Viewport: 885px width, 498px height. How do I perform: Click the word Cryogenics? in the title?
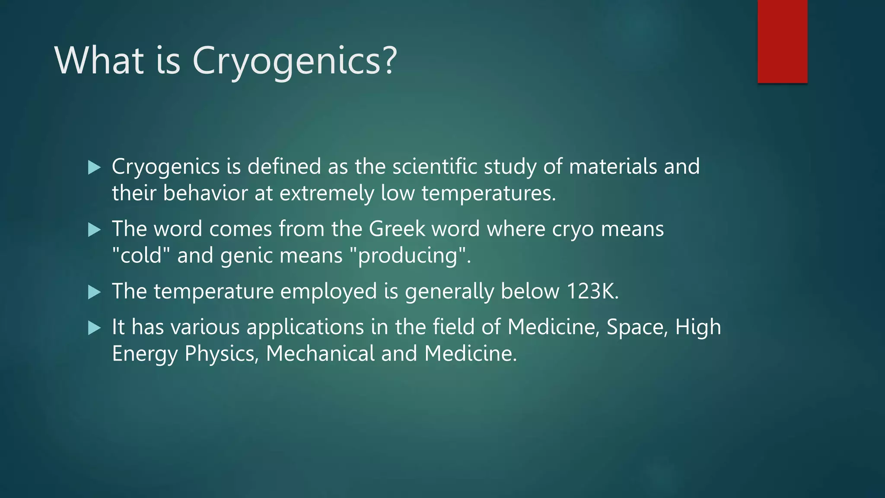coord(294,61)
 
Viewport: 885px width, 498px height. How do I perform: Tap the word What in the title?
coord(99,61)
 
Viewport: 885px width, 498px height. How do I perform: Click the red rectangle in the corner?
coord(782,41)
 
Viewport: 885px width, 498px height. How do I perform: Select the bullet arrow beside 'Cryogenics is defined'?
coord(94,167)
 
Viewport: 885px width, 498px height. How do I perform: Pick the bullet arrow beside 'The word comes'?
coord(94,230)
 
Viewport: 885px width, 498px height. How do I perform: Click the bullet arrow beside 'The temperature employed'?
coord(94,292)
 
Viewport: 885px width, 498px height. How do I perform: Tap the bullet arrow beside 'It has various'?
coord(94,328)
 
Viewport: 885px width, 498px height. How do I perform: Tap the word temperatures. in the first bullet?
coord(489,193)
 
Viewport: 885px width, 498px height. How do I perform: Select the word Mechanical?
coord(320,354)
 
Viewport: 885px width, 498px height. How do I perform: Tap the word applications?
coord(305,327)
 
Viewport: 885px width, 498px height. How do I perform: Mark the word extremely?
coord(326,193)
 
